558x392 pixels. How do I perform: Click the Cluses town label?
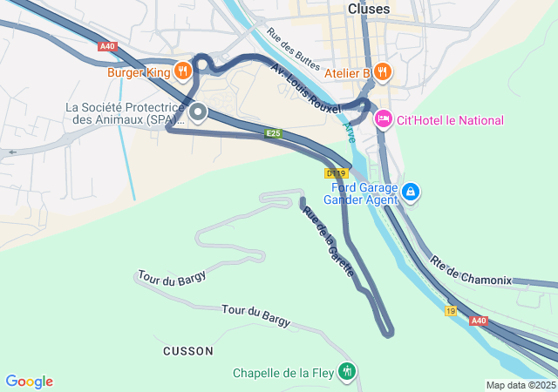pos(369,8)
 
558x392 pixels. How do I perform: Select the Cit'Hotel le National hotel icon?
pos(383,119)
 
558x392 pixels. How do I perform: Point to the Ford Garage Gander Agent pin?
pos(412,192)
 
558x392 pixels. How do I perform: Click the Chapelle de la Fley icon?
pos(348,372)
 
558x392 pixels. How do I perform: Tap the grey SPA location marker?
pos(198,112)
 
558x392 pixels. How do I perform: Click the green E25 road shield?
pos(273,133)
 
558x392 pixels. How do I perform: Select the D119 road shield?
pos(335,173)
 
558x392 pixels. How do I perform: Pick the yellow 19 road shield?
pos(451,311)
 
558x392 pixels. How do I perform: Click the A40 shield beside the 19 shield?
pos(479,321)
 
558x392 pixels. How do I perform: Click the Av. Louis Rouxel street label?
pos(305,87)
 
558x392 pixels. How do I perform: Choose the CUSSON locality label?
pos(187,351)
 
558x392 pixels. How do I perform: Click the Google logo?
pos(29,382)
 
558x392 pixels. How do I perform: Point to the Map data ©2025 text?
pos(521,386)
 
